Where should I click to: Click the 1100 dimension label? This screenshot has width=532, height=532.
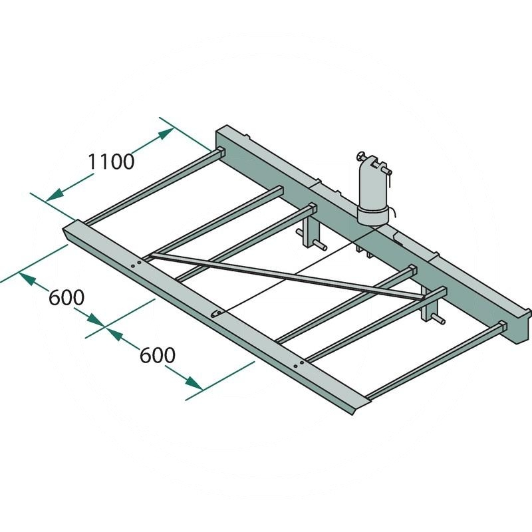pyautogui.click(x=111, y=162)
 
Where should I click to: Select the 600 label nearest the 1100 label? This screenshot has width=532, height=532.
pyautogui.click(x=66, y=297)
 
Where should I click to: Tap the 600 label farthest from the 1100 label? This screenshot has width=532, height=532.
pyautogui.click(x=158, y=355)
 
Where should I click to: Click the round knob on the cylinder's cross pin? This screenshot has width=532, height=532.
pyautogui.click(x=360, y=156)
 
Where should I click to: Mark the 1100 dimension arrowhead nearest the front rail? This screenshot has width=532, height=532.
pyautogui.click(x=55, y=196)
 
